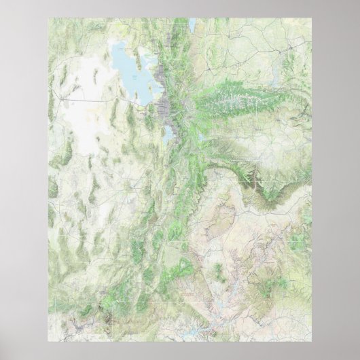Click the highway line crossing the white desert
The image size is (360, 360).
88,100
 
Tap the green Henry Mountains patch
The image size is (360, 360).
219,272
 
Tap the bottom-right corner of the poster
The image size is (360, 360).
311,341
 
